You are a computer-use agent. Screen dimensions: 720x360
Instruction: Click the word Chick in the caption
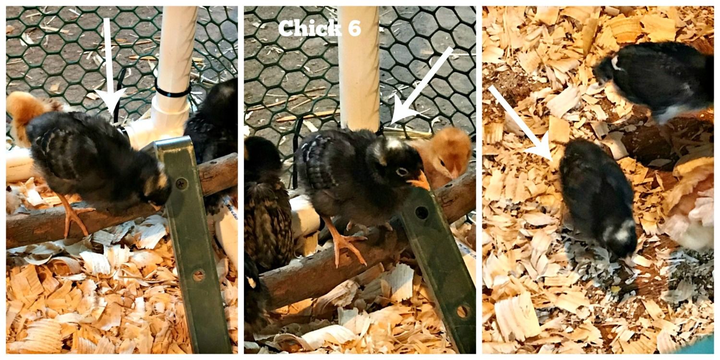coord(310,28)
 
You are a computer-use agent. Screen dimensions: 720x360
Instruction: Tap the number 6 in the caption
coord(354,28)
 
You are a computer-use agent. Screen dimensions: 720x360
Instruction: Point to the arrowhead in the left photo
coord(110,101)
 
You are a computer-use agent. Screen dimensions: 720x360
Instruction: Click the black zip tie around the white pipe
coord(173,91)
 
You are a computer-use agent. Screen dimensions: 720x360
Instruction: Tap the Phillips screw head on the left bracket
coord(181,184)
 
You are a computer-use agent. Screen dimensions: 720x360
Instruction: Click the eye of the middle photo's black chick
coord(402,172)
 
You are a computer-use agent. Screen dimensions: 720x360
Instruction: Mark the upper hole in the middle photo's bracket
coord(422,213)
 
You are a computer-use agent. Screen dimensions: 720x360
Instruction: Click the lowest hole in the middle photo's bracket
coord(462,312)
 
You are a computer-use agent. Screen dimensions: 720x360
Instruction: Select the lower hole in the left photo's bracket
coord(198,276)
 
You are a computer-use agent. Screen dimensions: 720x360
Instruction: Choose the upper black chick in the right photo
coord(652,80)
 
